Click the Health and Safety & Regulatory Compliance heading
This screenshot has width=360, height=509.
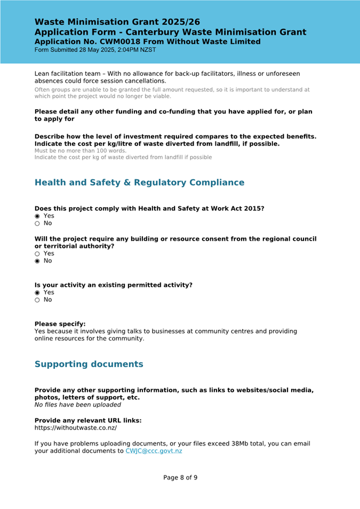coord(139,183)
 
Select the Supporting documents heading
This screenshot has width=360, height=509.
coord(89,365)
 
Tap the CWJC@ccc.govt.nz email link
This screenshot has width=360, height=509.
coord(154,451)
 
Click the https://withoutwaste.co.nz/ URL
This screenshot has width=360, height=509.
coord(76,427)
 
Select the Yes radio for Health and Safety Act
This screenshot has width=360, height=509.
coord(37,216)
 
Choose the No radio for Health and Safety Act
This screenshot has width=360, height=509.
coord(37,223)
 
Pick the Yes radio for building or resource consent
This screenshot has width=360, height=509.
coord(37,254)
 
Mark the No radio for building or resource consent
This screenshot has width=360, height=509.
coord(37,261)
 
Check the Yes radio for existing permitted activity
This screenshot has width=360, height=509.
coord(37,293)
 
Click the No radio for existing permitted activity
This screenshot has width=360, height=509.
coord(37,300)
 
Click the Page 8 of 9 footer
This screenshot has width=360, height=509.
coord(180,478)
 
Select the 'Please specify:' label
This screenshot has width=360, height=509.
coord(60,324)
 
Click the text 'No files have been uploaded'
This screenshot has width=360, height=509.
coord(78,405)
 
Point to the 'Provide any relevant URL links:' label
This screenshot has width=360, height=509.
coord(88,421)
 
